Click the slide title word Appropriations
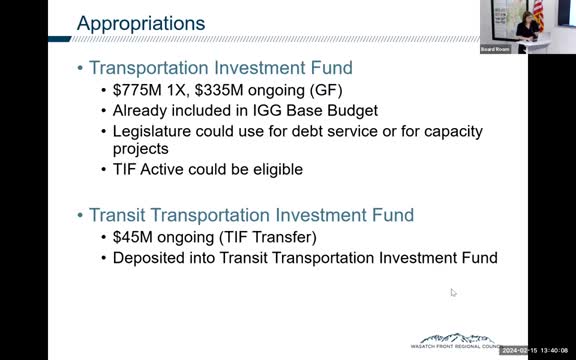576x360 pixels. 141,22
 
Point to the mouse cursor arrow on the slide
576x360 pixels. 453,293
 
